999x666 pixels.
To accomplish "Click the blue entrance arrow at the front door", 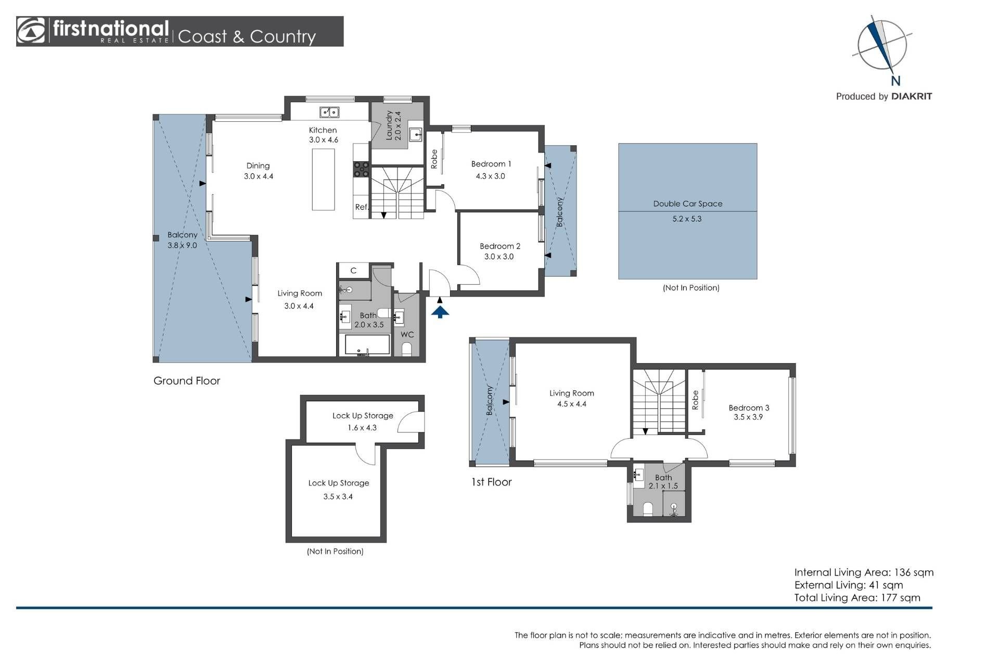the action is coord(440,312).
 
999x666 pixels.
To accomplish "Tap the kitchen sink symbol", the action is coord(329,112).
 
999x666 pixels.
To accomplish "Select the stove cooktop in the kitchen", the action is coord(362,170).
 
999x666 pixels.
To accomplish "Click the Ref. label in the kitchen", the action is coord(362,207).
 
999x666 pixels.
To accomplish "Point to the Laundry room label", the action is coord(389,125).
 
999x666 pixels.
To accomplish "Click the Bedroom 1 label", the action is coord(491,164).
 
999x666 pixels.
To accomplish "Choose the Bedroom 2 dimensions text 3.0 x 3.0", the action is coord(499,257).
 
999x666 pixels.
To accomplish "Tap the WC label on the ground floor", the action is coord(407,335).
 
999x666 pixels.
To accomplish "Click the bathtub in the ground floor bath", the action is coord(367,345).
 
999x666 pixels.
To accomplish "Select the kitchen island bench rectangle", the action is coord(323,180).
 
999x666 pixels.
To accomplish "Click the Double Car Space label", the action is coord(688,204).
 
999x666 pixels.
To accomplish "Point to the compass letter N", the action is coord(895,81).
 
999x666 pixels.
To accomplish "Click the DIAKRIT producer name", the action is coord(912,96).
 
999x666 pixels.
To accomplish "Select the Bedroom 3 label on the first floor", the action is coord(749,408).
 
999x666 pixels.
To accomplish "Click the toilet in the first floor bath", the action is coord(648,508).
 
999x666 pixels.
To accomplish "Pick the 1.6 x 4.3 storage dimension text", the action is coord(362,428).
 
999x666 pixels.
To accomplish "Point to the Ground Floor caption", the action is coord(187,381).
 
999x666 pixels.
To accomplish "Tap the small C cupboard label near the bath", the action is coord(353,271).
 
